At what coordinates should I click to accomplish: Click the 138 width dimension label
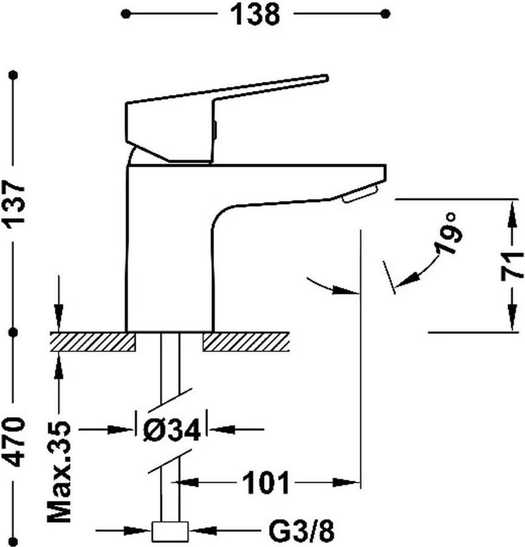(x=255, y=15)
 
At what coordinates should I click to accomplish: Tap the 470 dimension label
(x=15, y=442)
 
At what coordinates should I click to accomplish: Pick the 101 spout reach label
(x=266, y=483)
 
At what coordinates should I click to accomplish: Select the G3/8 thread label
(x=301, y=531)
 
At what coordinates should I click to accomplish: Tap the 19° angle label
(x=448, y=233)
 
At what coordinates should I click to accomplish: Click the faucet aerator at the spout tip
(x=360, y=194)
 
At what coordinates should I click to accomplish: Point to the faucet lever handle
(x=227, y=119)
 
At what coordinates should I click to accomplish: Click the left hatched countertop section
(x=93, y=342)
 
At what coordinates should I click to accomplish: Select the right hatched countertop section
(x=246, y=342)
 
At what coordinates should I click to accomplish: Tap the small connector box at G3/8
(x=170, y=532)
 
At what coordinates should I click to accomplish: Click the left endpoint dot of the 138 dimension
(x=125, y=14)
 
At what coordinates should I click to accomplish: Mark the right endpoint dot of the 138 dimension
(x=385, y=14)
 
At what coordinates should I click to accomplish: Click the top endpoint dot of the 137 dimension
(x=14, y=75)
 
